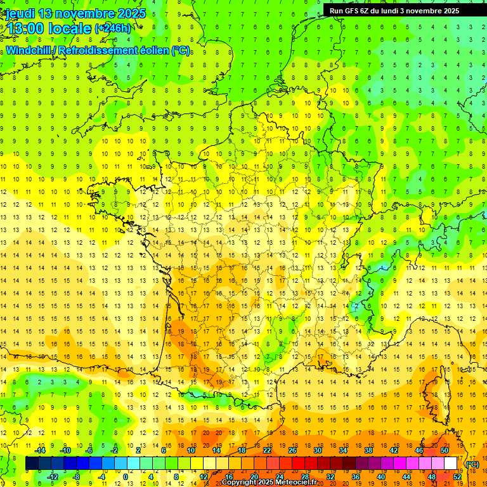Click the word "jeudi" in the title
(x=20, y=14)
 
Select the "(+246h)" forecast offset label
(x=112, y=29)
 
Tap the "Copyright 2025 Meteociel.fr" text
(x=269, y=482)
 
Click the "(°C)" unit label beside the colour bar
(x=472, y=464)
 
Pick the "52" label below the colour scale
(x=457, y=477)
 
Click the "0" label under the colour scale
(x=126, y=477)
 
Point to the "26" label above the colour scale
(x=292, y=450)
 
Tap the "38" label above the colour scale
(x=368, y=450)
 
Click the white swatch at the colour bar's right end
(x=450, y=464)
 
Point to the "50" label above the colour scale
(x=444, y=450)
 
